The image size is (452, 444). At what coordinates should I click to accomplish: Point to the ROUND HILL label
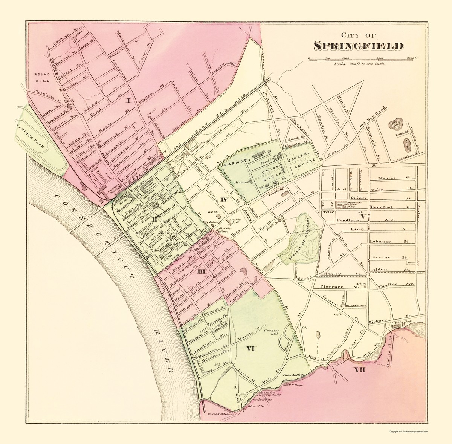tap(39, 77)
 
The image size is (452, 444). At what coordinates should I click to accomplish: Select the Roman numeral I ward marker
tap(128, 101)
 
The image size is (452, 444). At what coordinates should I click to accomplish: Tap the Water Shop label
tap(404, 322)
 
